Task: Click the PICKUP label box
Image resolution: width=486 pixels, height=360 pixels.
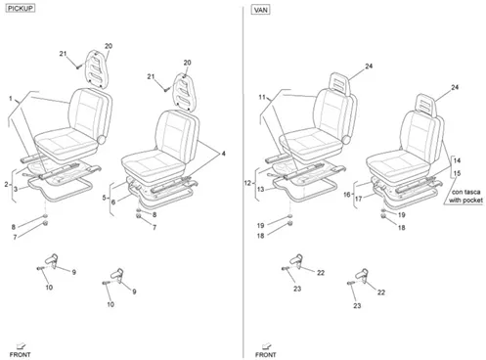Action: (21, 9)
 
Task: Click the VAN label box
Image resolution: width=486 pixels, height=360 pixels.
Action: (261, 10)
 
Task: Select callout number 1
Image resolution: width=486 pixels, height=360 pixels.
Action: (11, 99)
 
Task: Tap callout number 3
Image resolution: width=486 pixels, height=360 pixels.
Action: (16, 189)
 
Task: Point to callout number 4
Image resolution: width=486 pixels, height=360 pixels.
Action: (223, 154)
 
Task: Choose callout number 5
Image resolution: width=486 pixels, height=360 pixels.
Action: (104, 198)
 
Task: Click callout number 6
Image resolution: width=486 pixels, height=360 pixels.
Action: (113, 202)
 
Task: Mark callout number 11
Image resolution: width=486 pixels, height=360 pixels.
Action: (262, 97)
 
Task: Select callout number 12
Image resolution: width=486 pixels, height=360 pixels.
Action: (247, 183)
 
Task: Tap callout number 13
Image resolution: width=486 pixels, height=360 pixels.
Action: (260, 189)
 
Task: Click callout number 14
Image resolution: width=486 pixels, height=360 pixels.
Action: (457, 160)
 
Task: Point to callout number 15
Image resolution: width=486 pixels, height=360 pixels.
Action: (457, 173)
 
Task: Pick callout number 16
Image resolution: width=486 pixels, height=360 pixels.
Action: (347, 195)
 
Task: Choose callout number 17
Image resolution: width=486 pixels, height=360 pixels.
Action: (359, 199)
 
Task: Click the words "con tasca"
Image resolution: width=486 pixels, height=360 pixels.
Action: (465, 192)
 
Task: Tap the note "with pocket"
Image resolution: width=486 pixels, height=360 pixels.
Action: (465, 200)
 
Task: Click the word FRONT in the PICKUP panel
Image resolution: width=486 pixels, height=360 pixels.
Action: (20, 354)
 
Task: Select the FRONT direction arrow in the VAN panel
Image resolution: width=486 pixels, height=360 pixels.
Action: (267, 345)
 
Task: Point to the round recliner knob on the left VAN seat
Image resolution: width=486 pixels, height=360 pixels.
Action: (346, 140)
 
